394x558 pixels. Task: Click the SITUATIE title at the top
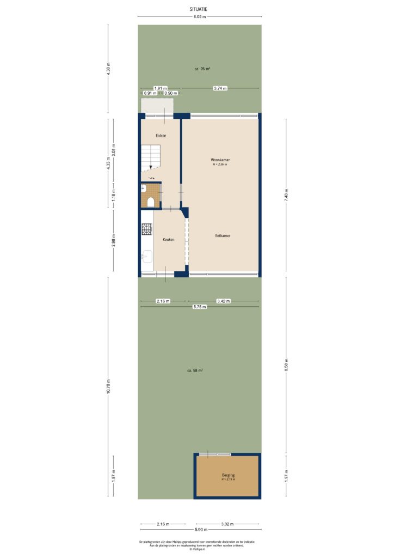pos(199,9)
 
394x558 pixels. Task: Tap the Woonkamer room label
pos(220,160)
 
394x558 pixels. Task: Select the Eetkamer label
pos(223,236)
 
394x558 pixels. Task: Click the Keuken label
pos(168,239)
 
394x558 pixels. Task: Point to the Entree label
pos(161,135)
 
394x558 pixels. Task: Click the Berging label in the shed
pos(227,475)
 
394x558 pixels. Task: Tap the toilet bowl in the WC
pos(151,202)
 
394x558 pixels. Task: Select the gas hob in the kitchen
pos(147,230)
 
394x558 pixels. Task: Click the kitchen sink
pos(146,255)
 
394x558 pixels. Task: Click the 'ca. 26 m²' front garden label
pos(202,69)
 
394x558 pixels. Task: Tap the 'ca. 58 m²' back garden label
pos(195,371)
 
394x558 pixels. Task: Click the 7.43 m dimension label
pos(286,194)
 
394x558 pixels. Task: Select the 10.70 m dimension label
pos(108,386)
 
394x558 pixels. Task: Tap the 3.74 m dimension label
pos(220,88)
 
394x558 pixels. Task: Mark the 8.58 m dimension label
pos(286,364)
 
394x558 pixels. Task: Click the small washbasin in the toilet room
pos(143,188)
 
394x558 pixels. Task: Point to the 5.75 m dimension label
pos(200,307)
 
